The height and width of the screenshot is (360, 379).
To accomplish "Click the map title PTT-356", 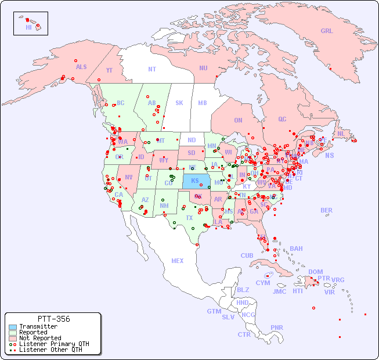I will (x=53, y=319).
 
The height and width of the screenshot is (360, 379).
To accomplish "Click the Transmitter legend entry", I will (x=38, y=327).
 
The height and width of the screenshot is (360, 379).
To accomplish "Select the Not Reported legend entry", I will (x=39, y=338).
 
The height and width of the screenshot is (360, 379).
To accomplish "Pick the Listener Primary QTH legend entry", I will (x=53, y=344).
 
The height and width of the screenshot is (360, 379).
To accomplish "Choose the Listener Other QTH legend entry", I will (x=50, y=350).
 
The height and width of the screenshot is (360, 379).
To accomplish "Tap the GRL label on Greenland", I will (x=327, y=31).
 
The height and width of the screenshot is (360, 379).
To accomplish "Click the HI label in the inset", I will (x=28, y=27).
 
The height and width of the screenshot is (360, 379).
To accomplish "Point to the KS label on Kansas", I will (x=195, y=181).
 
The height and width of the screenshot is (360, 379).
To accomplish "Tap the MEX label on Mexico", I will (x=178, y=261).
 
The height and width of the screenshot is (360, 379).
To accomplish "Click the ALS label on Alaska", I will (x=81, y=67).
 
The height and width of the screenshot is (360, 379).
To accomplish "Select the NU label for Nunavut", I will (x=203, y=68).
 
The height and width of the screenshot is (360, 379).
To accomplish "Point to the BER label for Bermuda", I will (x=326, y=210).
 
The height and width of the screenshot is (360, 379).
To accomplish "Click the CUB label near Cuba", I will (x=247, y=255).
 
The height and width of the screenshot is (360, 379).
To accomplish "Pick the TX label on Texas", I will (x=189, y=218).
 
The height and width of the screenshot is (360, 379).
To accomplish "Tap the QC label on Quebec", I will (x=282, y=120).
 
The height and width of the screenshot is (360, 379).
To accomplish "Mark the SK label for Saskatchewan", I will (x=179, y=103).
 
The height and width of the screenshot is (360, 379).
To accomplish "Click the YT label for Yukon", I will (x=109, y=70).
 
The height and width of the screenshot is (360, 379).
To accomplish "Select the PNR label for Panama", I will (x=277, y=327).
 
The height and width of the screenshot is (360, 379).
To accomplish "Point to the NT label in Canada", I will (x=151, y=69).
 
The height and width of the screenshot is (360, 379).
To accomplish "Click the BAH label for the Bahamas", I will (x=296, y=249).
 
